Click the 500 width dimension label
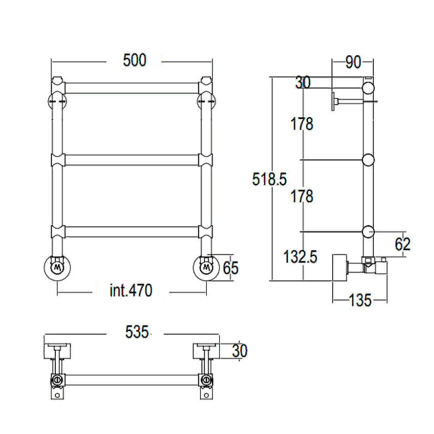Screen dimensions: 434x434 coord(135,60)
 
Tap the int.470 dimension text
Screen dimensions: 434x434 coord(131,290)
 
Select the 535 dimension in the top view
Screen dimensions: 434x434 coord(137,331)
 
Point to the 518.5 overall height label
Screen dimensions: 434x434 coord(269,179)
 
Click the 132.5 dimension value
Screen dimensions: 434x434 coord(301,257)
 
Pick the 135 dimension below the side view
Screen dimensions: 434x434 coord(360,300)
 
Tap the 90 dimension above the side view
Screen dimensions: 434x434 coord(353,62)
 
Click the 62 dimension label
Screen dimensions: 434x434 coord(403,244)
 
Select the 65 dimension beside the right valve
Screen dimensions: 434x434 coord(231,267)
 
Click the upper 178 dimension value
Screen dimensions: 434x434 coord(302,124)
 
